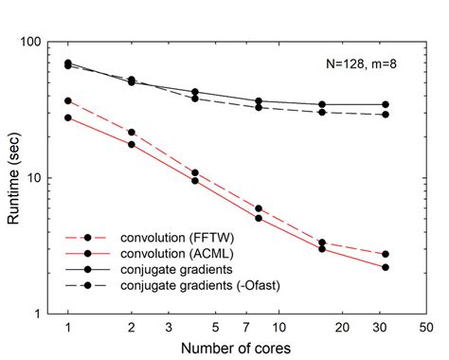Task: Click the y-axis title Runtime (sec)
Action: (x=16, y=177)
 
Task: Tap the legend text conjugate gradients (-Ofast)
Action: (x=193, y=285)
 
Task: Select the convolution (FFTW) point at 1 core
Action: (x=68, y=100)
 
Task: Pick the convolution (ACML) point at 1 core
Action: (x=68, y=117)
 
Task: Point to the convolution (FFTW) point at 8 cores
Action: (x=259, y=208)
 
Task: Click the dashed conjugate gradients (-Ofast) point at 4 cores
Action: (x=195, y=99)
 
